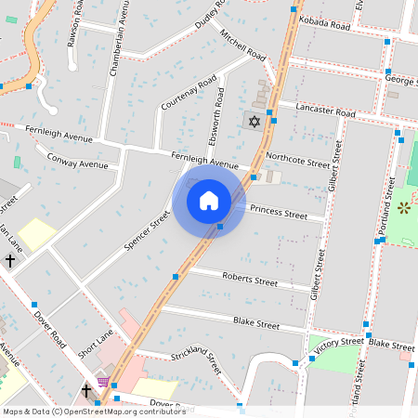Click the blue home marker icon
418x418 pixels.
[x=208, y=200]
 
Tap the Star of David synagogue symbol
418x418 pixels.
[x=252, y=121]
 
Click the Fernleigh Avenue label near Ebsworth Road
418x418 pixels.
[x=205, y=161]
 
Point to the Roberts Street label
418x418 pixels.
[x=249, y=279]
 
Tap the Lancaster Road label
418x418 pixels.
[x=324, y=111]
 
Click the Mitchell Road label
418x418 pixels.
[x=243, y=41]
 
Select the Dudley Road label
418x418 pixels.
[x=211, y=18]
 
